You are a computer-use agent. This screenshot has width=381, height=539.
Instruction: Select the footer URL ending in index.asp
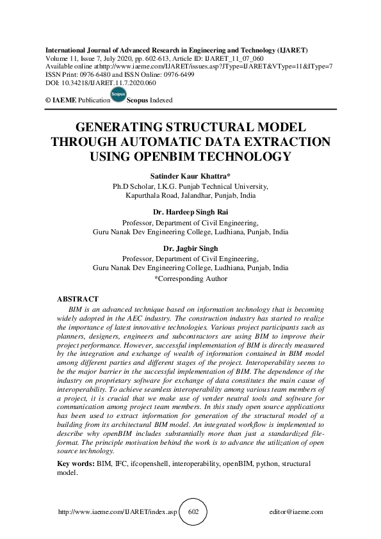[117, 512]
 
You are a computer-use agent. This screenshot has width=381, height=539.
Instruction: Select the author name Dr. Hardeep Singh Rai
[190, 213]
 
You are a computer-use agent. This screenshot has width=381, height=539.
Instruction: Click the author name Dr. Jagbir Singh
[190, 248]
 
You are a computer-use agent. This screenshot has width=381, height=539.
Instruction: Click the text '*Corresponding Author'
[190, 278]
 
